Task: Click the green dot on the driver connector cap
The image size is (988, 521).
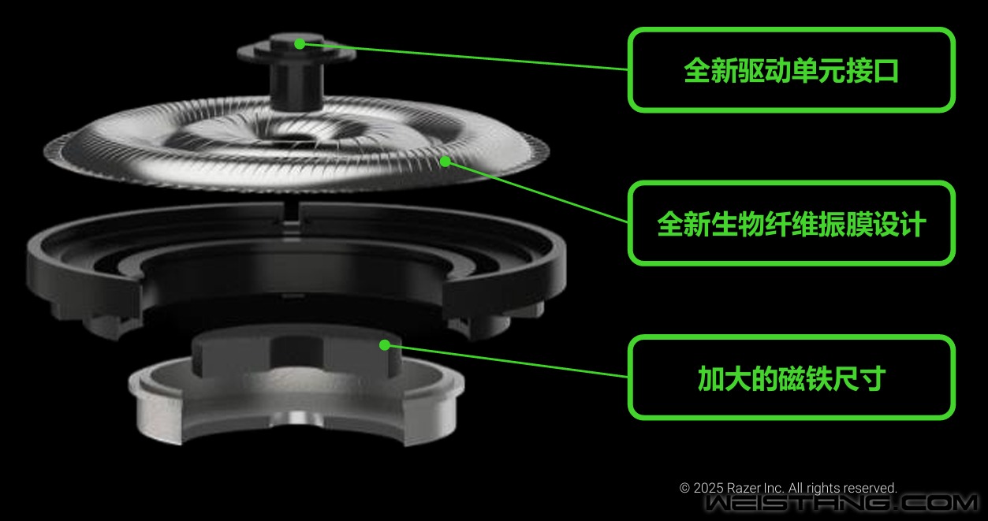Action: click(x=300, y=43)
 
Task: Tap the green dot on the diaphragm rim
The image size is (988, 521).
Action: click(x=446, y=162)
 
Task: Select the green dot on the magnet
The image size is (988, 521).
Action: click(x=385, y=344)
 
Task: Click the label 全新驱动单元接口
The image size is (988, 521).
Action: click(x=792, y=70)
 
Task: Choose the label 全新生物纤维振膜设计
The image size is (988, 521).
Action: click(x=792, y=224)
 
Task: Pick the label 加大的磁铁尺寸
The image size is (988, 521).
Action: click(x=792, y=378)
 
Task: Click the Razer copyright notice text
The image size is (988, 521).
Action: click(x=788, y=488)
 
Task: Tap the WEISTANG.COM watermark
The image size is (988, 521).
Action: click(x=841, y=504)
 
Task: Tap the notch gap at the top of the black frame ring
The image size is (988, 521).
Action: click(x=290, y=216)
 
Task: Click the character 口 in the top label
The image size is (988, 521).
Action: click(x=885, y=70)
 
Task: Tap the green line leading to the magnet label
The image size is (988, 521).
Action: click(x=506, y=361)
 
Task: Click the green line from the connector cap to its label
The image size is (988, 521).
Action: click(x=464, y=57)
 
